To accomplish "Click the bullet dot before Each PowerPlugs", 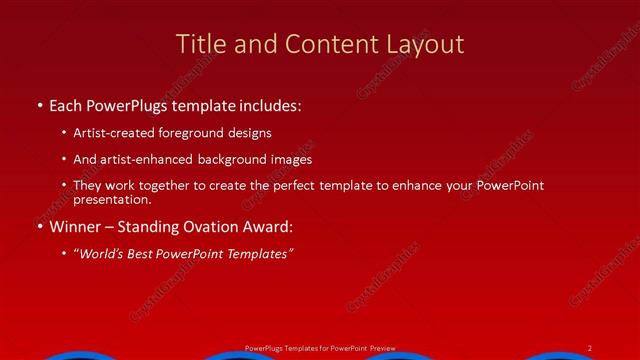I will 39,105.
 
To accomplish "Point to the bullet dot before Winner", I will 39,226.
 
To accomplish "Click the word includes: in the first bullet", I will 268,105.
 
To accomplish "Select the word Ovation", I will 216,226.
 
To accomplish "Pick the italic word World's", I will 100,253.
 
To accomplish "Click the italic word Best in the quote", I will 141,253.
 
